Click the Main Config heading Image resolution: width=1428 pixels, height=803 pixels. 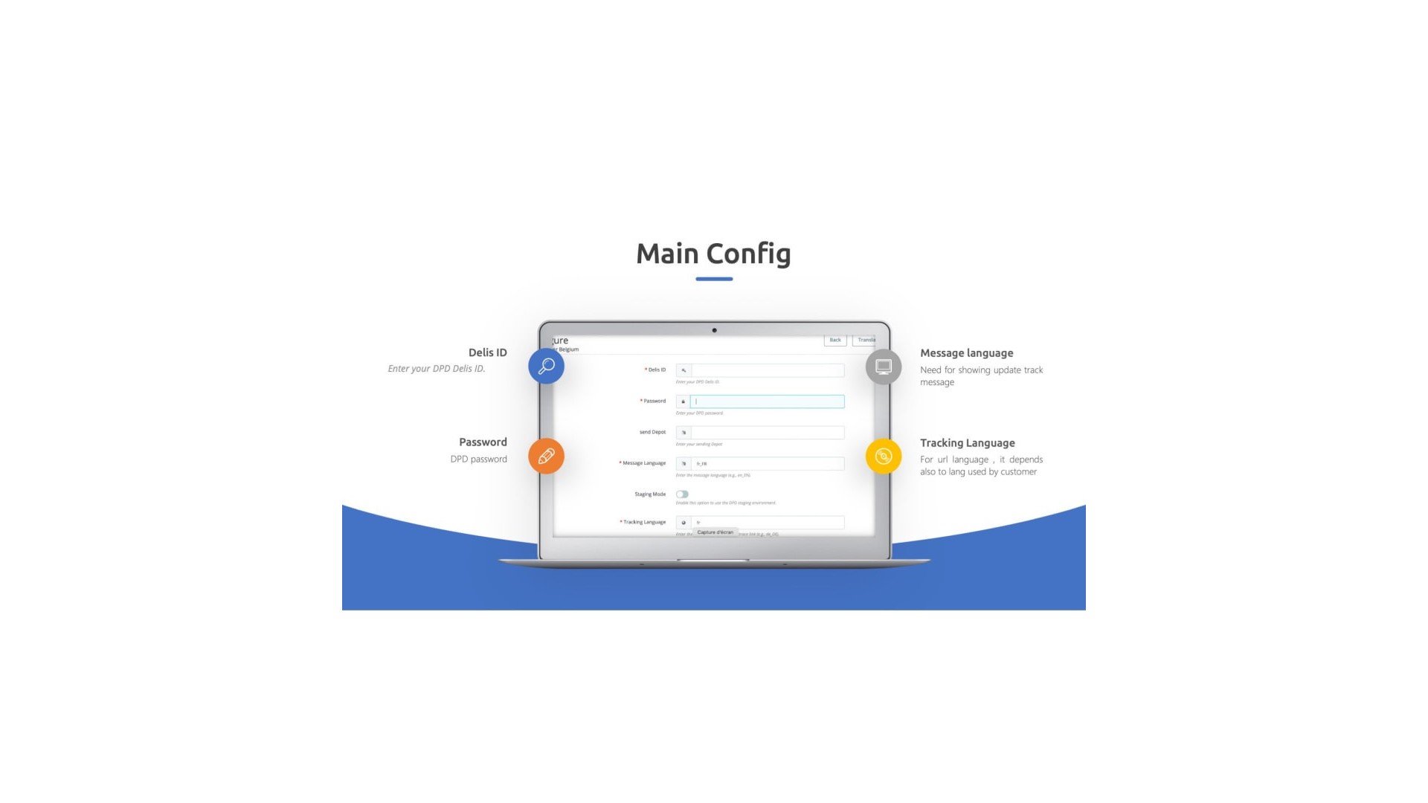(x=713, y=254)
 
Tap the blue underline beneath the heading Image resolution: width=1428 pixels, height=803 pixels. (x=714, y=279)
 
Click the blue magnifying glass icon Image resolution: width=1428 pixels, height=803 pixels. (x=546, y=366)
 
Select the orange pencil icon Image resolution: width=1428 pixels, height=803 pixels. (x=546, y=456)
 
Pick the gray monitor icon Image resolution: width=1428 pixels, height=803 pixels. (x=884, y=367)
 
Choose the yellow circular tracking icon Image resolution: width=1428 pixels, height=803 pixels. (x=884, y=456)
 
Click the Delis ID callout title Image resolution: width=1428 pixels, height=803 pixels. (x=487, y=352)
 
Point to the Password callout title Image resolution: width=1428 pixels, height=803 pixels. (x=483, y=442)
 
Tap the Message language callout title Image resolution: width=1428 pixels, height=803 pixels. (x=966, y=353)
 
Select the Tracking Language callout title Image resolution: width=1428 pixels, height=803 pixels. (x=967, y=442)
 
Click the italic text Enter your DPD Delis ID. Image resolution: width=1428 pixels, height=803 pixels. (x=436, y=369)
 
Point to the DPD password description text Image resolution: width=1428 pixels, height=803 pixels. (x=478, y=459)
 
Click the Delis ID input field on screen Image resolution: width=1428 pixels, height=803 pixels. (x=767, y=370)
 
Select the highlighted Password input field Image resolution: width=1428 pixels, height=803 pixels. (x=767, y=401)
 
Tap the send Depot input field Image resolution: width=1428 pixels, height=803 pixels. (x=767, y=432)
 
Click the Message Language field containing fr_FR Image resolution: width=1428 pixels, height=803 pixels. (x=767, y=463)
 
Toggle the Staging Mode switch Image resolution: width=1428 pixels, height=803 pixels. (x=682, y=494)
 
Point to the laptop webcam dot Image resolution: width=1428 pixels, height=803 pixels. (x=714, y=330)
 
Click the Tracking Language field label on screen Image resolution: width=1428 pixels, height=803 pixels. (x=644, y=522)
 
